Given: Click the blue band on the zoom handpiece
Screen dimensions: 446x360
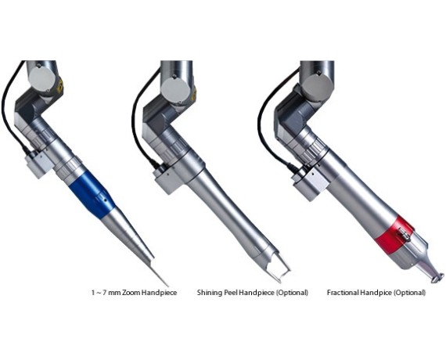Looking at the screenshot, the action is click(92, 195).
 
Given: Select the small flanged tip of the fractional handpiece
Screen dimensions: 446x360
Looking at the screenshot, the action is click(437, 278).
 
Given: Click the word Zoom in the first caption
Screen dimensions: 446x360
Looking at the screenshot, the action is click(131, 292).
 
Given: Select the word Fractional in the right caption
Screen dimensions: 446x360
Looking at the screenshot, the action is click(343, 292).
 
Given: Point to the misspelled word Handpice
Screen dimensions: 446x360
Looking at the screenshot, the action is click(376, 292).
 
